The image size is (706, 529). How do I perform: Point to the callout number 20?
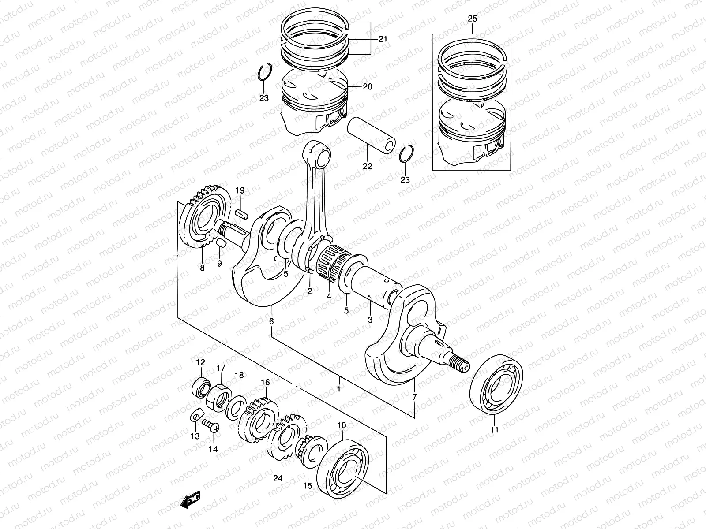367,87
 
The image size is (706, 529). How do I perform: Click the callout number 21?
383,39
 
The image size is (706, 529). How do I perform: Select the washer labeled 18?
236,408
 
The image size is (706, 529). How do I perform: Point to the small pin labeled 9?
222,244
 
